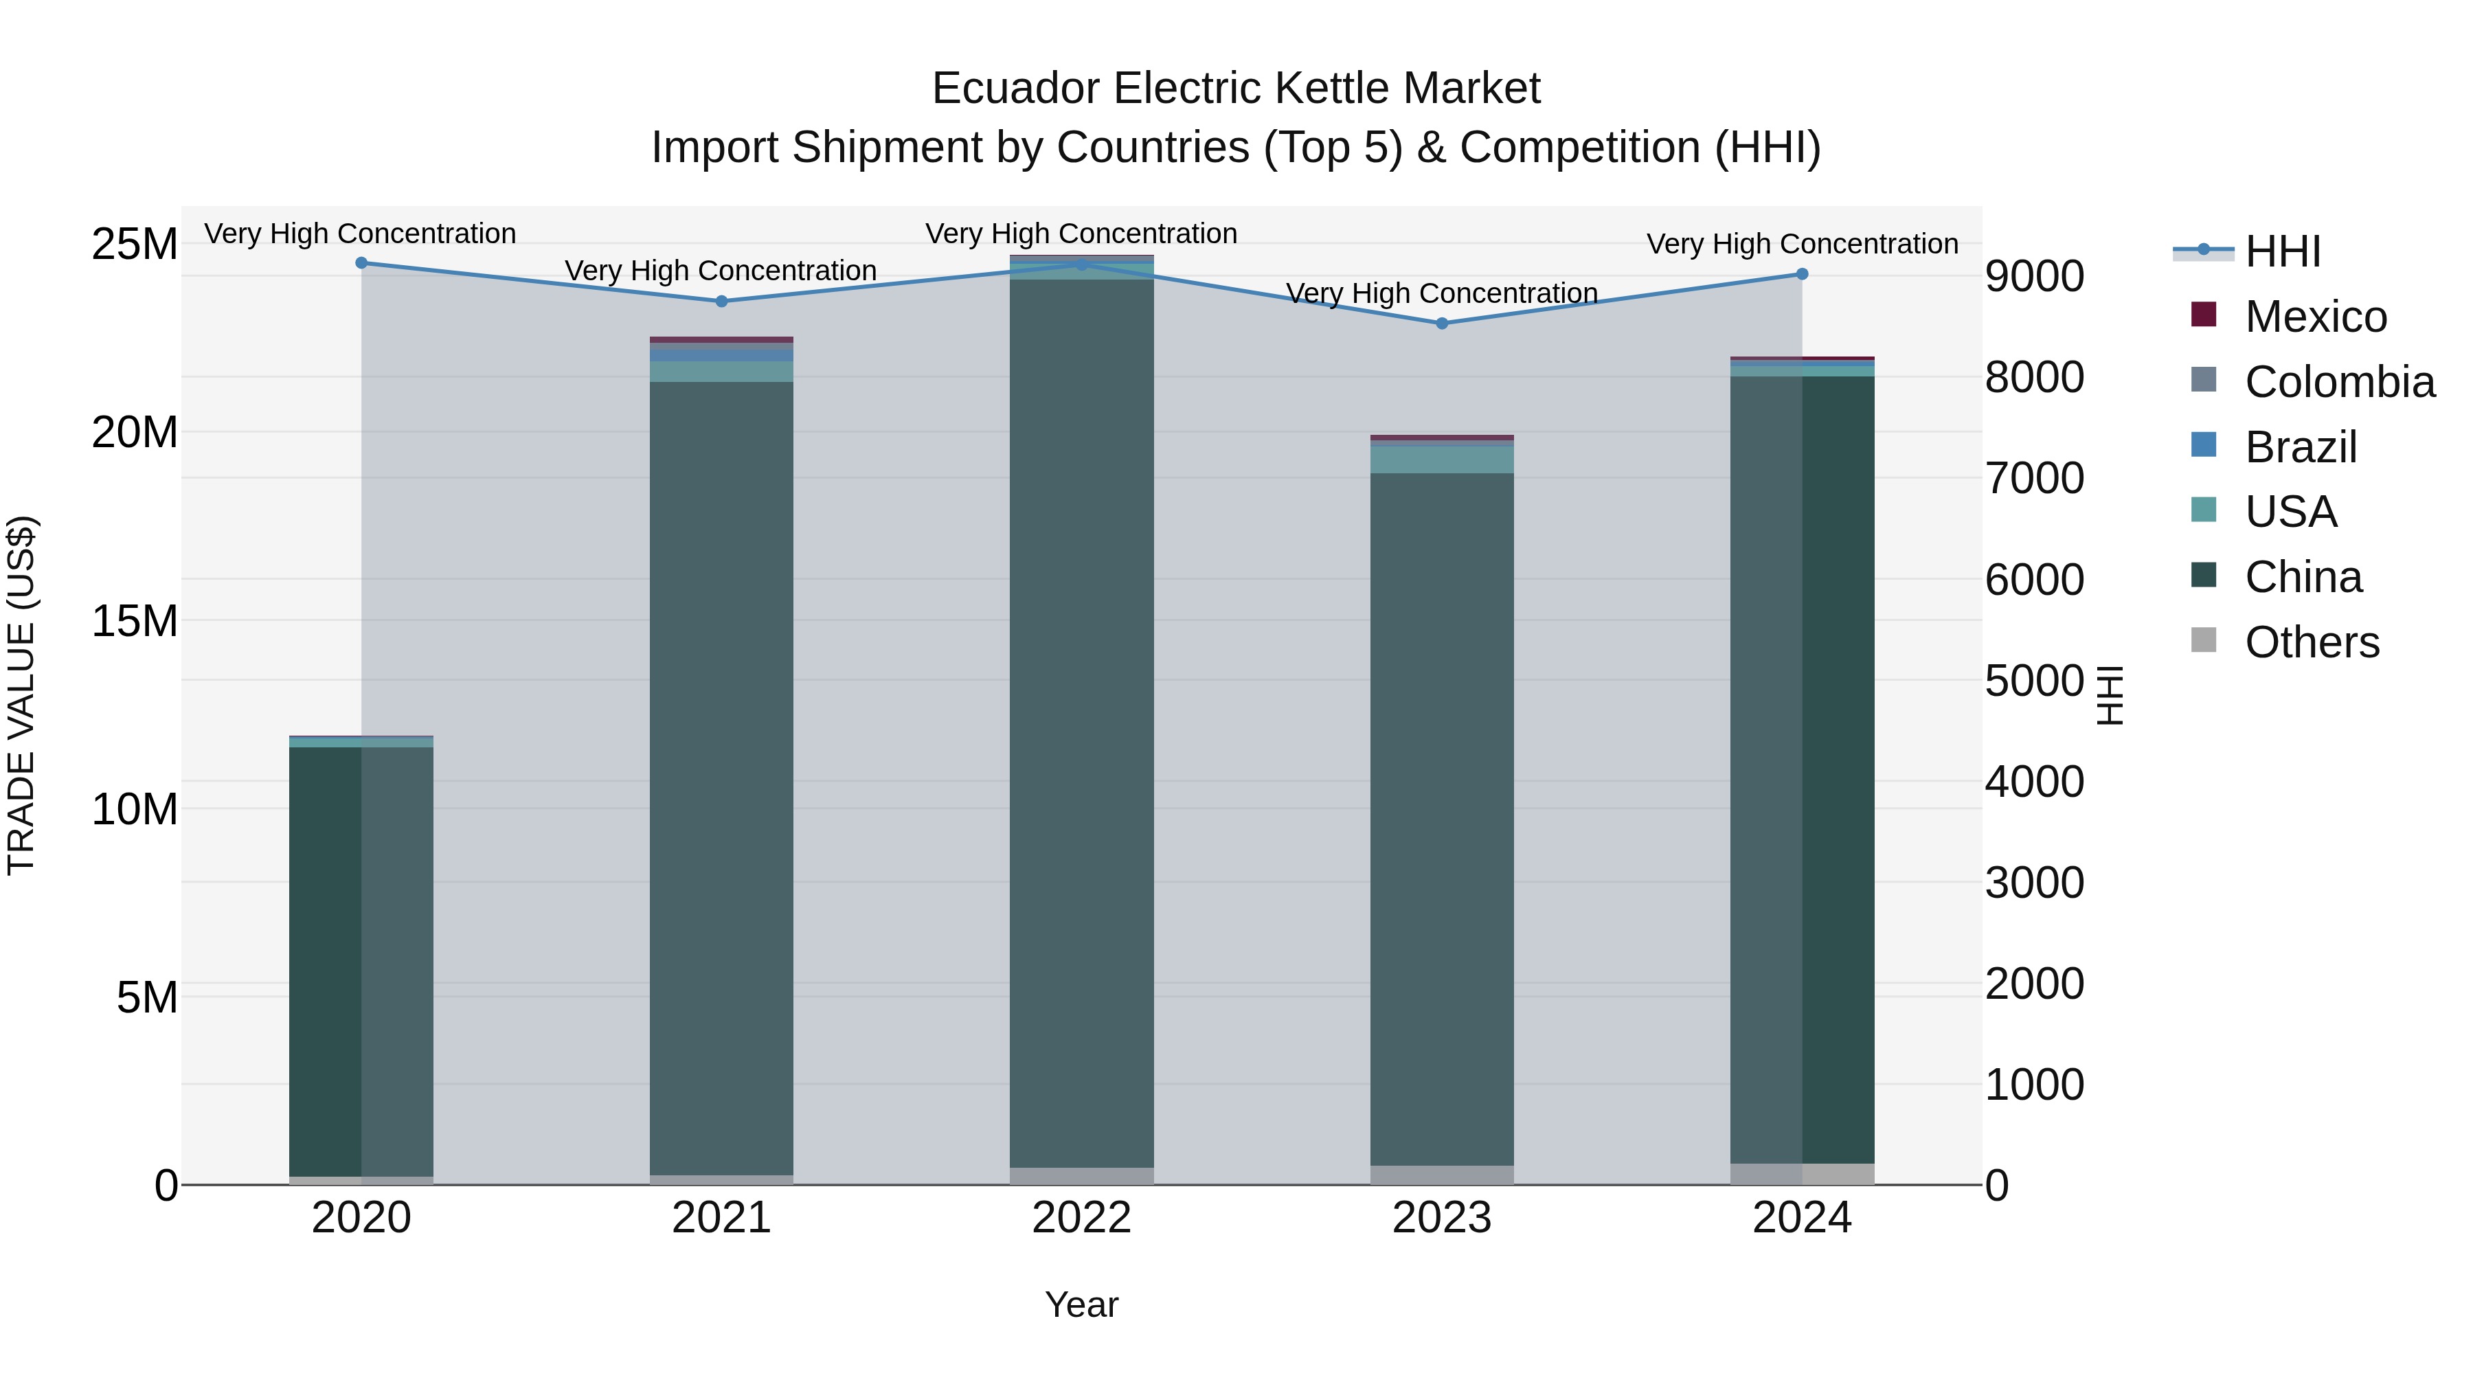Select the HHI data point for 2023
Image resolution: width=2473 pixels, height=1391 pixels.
tap(1441, 324)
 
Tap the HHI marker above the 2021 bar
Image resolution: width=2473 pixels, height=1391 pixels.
tap(722, 302)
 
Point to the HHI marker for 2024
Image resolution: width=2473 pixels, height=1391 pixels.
tap(1802, 275)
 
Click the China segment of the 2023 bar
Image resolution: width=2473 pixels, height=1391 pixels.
tap(1441, 816)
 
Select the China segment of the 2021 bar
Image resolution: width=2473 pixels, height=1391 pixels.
tap(722, 778)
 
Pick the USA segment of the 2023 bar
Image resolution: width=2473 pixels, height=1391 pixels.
tap(1441, 460)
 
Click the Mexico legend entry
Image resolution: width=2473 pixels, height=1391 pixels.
tap(2314, 317)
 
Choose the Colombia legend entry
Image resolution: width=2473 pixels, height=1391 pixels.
tap(2338, 382)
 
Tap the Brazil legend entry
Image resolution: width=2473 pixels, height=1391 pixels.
tap(2300, 447)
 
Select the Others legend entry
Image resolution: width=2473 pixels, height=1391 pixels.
tap(2312, 642)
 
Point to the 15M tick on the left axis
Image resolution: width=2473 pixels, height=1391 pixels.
tap(135, 621)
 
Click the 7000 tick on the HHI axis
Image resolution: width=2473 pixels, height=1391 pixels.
tap(2034, 478)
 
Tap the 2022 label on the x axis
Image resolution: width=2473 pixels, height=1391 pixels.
tap(1081, 1218)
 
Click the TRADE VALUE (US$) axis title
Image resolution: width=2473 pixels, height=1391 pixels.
tap(21, 695)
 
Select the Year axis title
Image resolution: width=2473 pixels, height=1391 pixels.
tap(1081, 1304)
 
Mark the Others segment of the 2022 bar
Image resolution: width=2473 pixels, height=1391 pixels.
tap(1081, 1176)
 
